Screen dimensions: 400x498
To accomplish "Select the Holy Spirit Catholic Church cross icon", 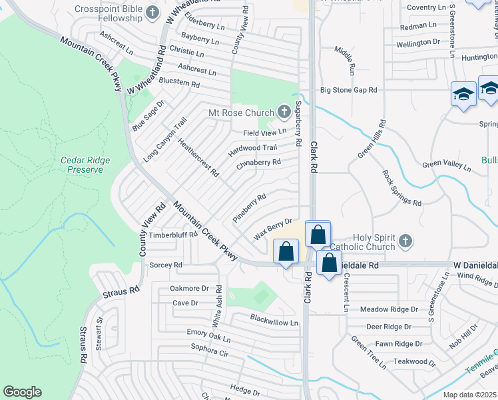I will [x=403, y=239].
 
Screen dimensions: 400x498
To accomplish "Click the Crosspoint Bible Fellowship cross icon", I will [x=152, y=12].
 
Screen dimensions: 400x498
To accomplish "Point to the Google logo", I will [x=22, y=391].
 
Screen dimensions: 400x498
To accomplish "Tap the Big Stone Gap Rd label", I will [x=348, y=89].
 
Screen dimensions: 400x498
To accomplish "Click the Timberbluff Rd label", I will [x=174, y=235].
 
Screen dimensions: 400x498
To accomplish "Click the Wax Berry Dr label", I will [x=274, y=230].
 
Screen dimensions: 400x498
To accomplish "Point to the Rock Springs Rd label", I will [x=402, y=188].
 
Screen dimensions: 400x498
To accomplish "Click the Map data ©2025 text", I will [x=470, y=394].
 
